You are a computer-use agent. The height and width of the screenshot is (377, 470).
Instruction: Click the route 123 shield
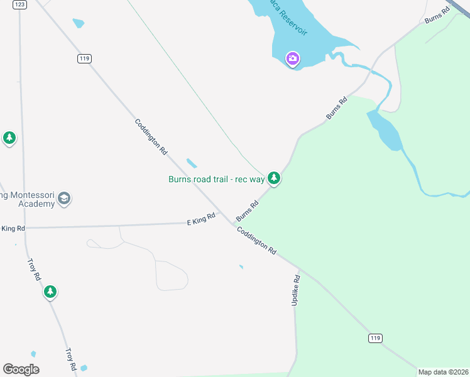(x=19, y=4)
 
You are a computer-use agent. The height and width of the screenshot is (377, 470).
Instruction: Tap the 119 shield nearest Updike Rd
(x=374, y=338)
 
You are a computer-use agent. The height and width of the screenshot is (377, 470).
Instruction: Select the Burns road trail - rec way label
(x=216, y=179)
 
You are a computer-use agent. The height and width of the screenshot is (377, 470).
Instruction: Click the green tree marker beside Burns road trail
(x=273, y=178)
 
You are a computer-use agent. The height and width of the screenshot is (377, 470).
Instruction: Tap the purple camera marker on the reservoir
(x=292, y=59)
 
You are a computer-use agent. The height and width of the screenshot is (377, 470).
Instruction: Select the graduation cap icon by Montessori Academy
(x=63, y=199)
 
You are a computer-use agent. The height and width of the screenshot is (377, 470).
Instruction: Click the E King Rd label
(x=201, y=219)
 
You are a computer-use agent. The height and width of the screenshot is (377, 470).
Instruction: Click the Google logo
(x=21, y=369)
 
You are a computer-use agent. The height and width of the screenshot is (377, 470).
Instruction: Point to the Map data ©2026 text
(x=443, y=372)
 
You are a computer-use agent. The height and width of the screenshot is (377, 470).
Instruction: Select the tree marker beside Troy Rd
(x=50, y=292)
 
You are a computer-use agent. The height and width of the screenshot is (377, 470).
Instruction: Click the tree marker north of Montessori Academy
(x=9, y=138)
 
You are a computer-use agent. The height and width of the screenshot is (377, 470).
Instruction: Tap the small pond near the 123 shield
(x=78, y=23)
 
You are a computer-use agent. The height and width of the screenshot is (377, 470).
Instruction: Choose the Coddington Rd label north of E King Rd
(x=151, y=136)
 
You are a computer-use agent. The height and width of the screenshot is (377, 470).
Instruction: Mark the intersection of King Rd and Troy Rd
(x=25, y=227)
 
